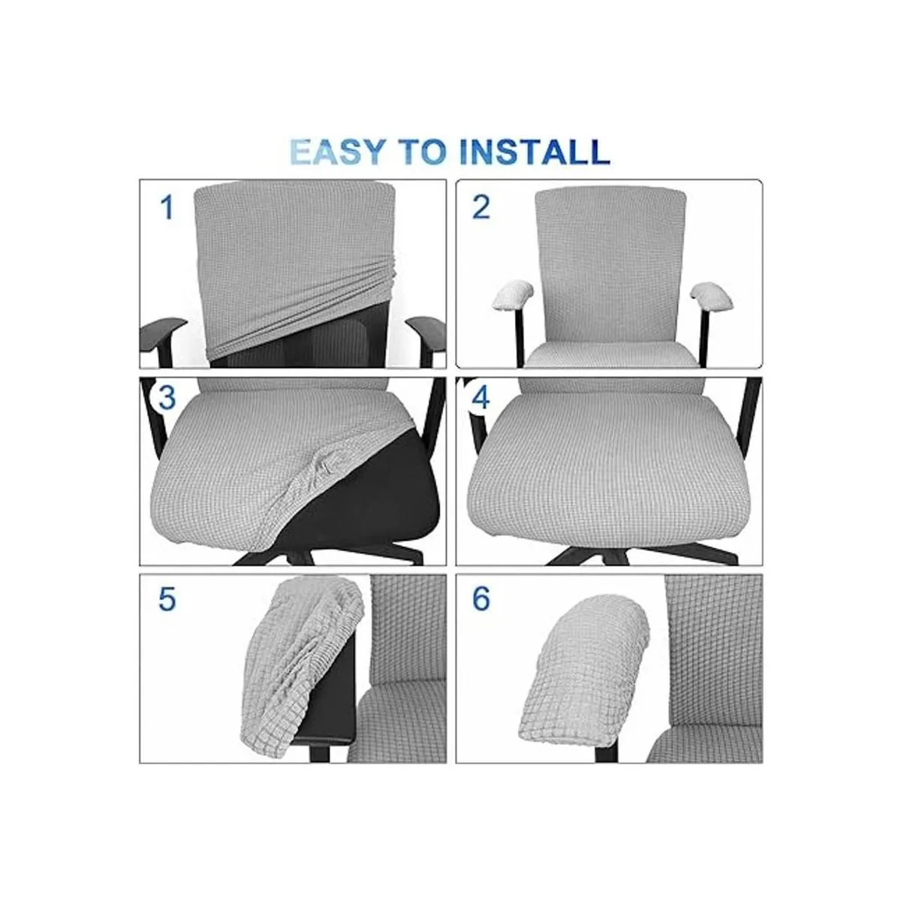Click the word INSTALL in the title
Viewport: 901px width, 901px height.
[535, 151]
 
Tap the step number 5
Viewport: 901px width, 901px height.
[167, 599]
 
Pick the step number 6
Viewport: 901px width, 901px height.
[481, 599]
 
